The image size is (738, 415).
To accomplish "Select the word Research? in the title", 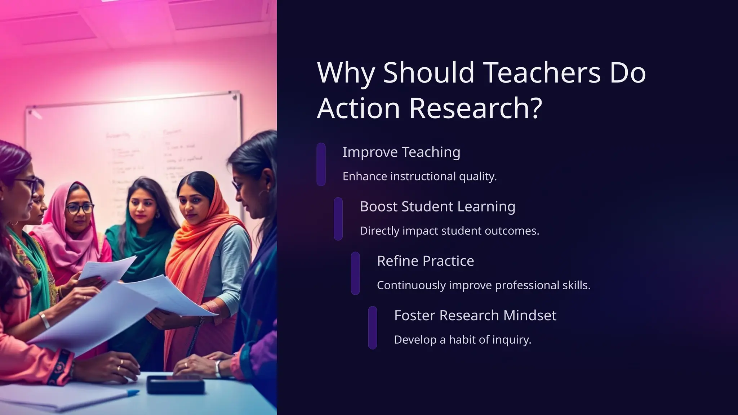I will click(x=475, y=108).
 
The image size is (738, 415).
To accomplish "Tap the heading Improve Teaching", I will click(x=401, y=152).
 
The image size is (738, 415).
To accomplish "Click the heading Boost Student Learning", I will click(x=437, y=206).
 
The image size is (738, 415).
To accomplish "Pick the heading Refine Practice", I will click(x=425, y=261).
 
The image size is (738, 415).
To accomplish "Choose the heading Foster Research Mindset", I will click(x=475, y=315).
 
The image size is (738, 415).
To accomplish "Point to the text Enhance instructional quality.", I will click(x=419, y=177).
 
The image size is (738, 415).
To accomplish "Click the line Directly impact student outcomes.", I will click(x=449, y=231).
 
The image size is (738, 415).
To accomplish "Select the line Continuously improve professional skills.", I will click(x=484, y=285).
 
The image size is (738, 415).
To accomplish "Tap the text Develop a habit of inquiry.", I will click(x=463, y=340).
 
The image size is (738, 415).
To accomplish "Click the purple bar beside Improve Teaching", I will click(x=321, y=164).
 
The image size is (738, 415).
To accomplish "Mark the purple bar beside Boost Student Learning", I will click(x=338, y=219).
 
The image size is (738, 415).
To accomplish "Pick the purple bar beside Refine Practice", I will click(x=355, y=273).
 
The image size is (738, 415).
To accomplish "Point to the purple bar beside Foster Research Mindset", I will click(x=373, y=327).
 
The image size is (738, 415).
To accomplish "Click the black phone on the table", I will click(x=175, y=384).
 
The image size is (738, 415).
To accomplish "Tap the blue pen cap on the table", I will click(x=133, y=393).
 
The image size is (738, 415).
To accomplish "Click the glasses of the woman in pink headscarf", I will click(x=79, y=208).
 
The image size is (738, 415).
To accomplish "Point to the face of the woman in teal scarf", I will click(x=143, y=207).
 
